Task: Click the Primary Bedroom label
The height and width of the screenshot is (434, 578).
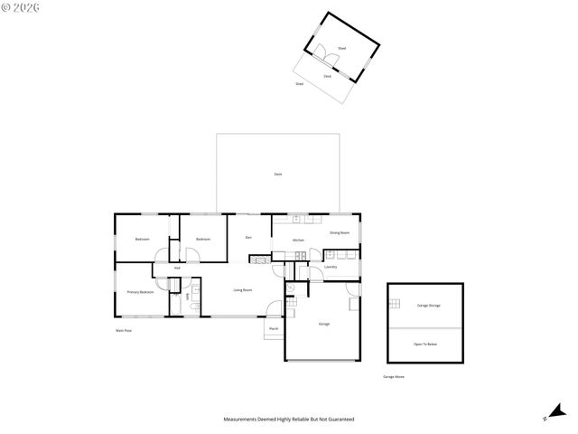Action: click(140, 292)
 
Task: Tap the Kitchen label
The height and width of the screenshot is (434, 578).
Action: click(298, 240)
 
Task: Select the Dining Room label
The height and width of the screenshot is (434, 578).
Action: click(339, 233)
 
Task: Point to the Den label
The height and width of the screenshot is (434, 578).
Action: click(248, 237)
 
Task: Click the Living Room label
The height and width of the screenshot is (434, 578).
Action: click(242, 290)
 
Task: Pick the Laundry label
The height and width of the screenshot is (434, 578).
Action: click(330, 267)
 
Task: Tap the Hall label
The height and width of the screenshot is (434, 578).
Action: click(177, 268)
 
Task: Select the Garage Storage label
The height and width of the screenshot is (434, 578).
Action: click(428, 306)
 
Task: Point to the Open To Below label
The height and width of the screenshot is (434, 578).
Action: click(425, 344)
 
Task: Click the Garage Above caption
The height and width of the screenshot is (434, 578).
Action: click(394, 376)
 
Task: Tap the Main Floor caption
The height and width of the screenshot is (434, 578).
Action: click(124, 331)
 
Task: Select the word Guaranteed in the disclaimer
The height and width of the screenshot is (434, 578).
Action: click(341, 420)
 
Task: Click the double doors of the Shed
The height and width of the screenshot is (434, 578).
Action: click(331, 61)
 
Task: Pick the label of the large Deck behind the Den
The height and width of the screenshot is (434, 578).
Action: click(278, 174)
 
